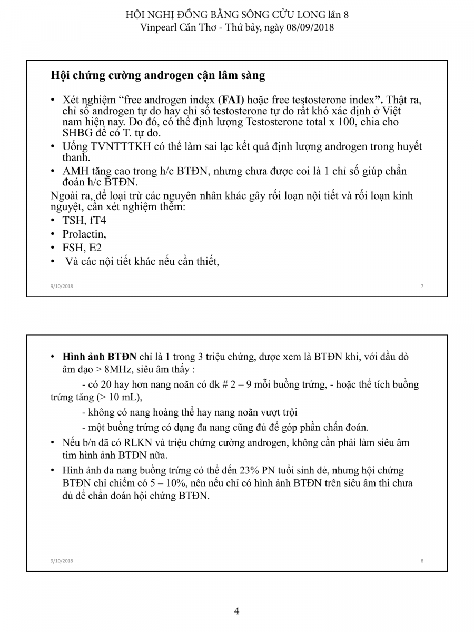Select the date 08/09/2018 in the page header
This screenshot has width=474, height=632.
(310, 27)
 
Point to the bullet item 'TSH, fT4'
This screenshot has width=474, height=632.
(84, 220)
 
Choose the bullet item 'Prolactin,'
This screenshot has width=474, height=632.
(84, 234)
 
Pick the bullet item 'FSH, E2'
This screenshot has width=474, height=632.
(82, 248)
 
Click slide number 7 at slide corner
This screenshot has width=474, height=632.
(422, 286)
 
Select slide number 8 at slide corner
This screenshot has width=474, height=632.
(422, 561)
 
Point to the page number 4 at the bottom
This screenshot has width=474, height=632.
(237, 611)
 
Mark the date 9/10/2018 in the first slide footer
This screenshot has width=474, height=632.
(62, 286)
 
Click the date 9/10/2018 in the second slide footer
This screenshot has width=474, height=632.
(62, 561)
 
